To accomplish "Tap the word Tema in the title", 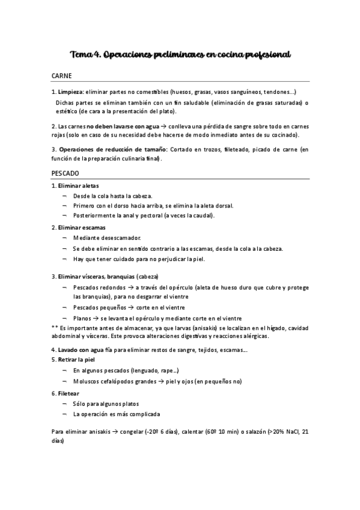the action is (x=81, y=55).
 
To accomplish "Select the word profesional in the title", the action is (x=267, y=55).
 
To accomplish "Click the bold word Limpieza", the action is (x=70, y=92).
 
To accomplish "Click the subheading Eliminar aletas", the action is (x=78, y=186).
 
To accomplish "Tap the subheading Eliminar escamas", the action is (x=81, y=228).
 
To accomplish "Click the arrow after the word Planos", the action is (x=96, y=318).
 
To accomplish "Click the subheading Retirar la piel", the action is (x=78, y=359).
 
